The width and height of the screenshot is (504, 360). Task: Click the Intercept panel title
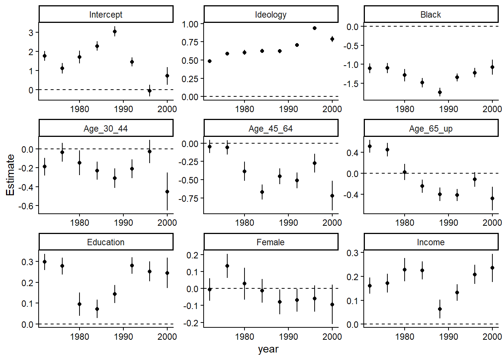click(x=106, y=15)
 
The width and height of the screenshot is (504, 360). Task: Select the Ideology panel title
click(x=270, y=15)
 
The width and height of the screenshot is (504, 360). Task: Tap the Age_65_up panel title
click(x=430, y=129)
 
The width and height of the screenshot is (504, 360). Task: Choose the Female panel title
click(x=270, y=242)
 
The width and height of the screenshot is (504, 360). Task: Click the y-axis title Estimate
click(x=10, y=175)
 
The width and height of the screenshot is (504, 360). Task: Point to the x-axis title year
click(x=268, y=349)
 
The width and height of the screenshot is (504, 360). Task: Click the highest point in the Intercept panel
click(x=115, y=31)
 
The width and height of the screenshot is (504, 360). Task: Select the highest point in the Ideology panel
click(x=315, y=28)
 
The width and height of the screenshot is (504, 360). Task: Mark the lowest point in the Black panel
click(x=440, y=92)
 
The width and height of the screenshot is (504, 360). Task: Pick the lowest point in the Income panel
click(x=440, y=309)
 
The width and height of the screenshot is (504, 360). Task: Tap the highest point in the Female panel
click(x=227, y=266)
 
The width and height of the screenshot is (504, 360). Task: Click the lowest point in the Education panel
click(x=97, y=309)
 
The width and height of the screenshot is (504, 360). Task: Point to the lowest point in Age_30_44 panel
click(x=167, y=192)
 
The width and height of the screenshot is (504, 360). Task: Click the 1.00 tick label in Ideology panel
click(x=190, y=24)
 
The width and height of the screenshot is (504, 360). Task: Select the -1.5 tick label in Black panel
click(x=351, y=84)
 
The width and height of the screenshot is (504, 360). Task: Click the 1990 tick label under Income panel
click(x=448, y=337)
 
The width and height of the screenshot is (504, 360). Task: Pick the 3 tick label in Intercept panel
click(x=31, y=33)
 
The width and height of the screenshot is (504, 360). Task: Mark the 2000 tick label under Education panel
click(x=167, y=337)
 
